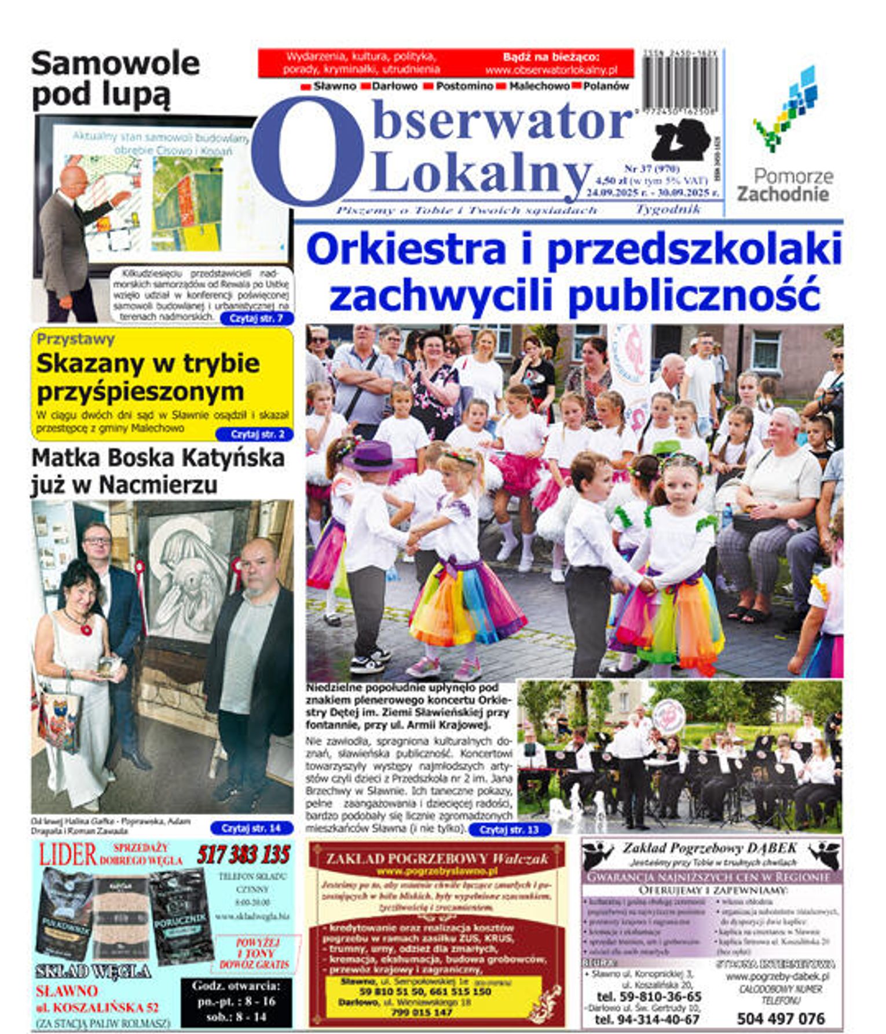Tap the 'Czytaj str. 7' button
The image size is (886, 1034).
tap(256, 319)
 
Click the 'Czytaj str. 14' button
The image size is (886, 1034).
tap(251, 828)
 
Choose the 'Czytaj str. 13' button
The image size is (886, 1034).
tap(508, 830)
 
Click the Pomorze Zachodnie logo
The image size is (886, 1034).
tap(785, 136)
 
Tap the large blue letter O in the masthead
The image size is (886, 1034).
tap(307, 152)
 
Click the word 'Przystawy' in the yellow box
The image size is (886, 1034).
tap(75, 339)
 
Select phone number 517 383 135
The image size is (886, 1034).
tap(243, 855)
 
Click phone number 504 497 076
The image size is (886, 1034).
tap(781, 1018)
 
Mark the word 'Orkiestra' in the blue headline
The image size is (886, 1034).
tap(407, 249)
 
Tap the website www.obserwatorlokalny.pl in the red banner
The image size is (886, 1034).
tap(551, 70)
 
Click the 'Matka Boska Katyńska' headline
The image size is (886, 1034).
tap(158, 458)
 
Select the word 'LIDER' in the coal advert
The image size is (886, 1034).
tap(68, 855)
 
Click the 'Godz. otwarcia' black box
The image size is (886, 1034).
tap(236, 1002)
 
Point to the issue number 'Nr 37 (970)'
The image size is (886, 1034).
tap(651, 169)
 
